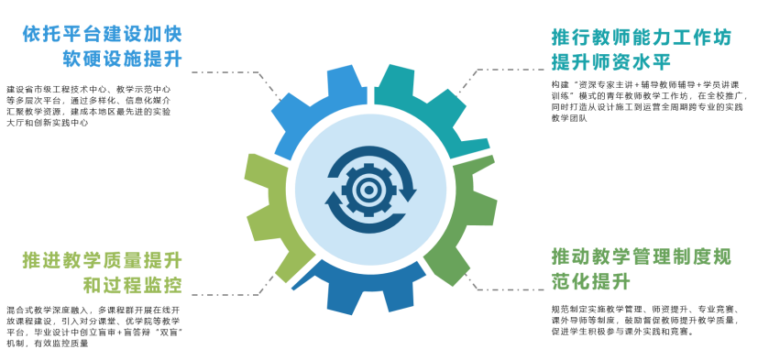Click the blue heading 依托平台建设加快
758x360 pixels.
pyautogui.click(x=102, y=35)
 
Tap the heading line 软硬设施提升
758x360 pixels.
pyautogui.click(x=122, y=59)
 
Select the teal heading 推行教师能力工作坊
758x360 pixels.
pyautogui.click(x=642, y=38)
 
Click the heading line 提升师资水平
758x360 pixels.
pyautogui.click(x=611, y=62)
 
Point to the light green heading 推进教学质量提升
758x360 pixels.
pyautogui.click(x=102, y=261)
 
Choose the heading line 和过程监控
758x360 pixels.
pyautogui.click(x=133, y=285)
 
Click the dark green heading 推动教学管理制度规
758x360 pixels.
pyautogui.click(x=642, y=256)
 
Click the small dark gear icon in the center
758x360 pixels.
pyautogui.click(x=369, y=190)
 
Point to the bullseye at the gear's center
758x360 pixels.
pyautogui.click(x=369, y=190)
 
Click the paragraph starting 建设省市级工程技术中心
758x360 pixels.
pyautogui.click(x=90, y=106)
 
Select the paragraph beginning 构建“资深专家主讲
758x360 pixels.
pyautogui.click(x=650, y=102)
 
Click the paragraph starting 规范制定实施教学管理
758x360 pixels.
pyautogui.click(x=646, y=321)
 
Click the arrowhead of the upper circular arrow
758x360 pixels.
pyautogui.click(x=409, y=191)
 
